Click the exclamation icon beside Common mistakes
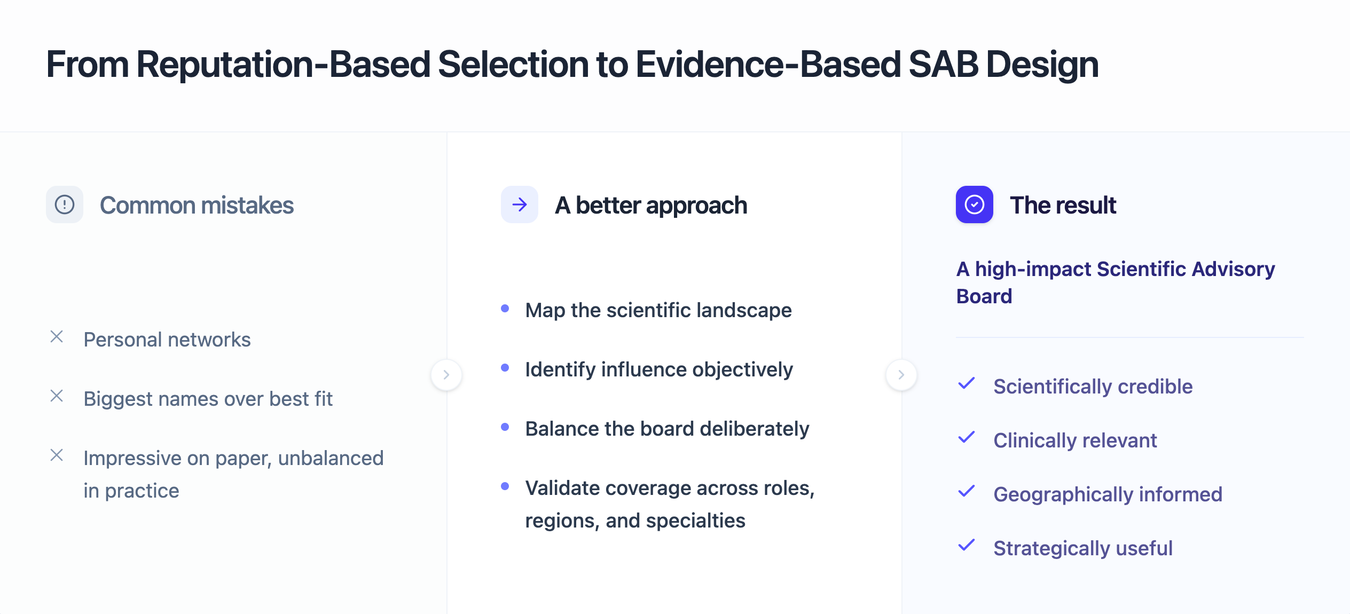coord(65,204)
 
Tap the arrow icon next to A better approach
coord(519,204)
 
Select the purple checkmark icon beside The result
coord(974,204)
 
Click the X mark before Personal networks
coord(57,336)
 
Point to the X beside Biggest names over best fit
coord(57,396)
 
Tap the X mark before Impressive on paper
coord(57,455)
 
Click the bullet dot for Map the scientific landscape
coord(505,308)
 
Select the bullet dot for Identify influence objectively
coord(505,367)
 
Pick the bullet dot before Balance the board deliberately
coord(505,427)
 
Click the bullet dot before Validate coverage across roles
coord(505,486)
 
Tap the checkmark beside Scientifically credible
coord(967,383)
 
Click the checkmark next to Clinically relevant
coord(967,437)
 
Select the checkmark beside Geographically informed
coord(967,491)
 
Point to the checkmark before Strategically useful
coord(967,545)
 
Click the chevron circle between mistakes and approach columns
coord(446,375)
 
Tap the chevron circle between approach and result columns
coord(901,375)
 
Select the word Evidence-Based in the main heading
coord(768,65)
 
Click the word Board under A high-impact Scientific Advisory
coord(984,296)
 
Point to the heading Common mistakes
coord(197,206)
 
